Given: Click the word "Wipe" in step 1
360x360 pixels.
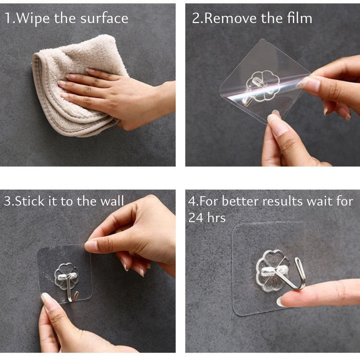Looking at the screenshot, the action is tap(33, 18).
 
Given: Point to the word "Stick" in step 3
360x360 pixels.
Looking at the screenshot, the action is tap(30, 201).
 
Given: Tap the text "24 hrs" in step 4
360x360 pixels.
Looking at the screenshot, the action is tap(207, 217).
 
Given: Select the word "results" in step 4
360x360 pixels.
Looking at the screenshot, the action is tap(283, 201).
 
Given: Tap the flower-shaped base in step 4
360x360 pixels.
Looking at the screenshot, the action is tap(271, 271).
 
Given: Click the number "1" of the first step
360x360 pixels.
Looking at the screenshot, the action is tap(8, 18).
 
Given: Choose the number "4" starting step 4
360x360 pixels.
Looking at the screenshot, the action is tap(192, 201).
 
